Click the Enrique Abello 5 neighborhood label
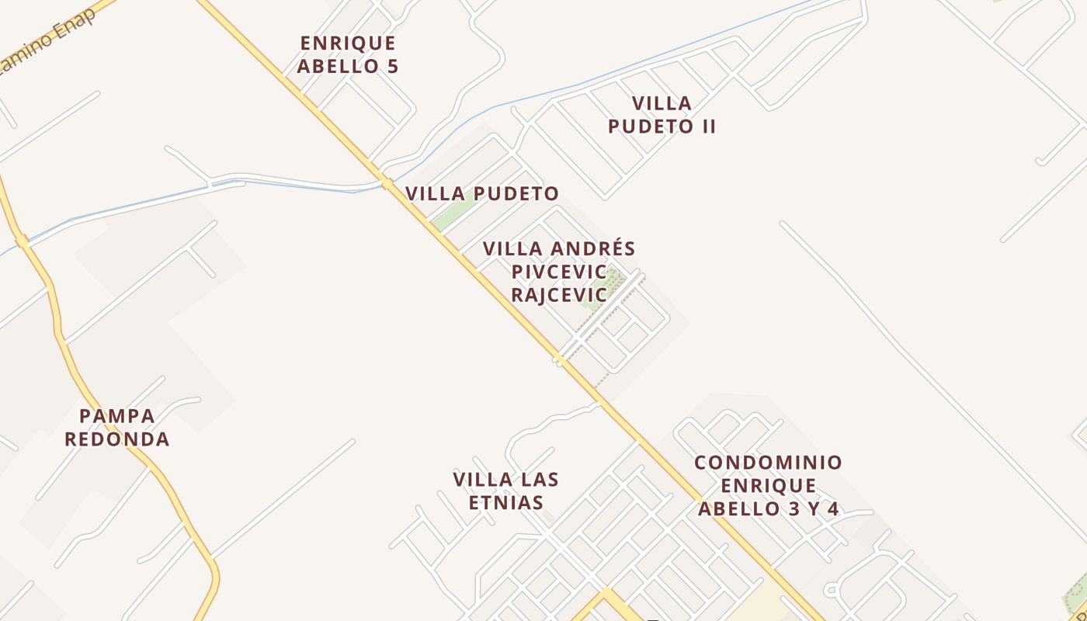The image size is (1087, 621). [x=347, y=54]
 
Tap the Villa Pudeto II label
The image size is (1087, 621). [x=662, y=115]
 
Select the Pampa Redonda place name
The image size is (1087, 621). [x=116, y=428]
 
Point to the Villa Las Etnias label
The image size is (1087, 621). [x=506, y=491]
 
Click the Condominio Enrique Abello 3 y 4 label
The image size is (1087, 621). [x=768, y=486]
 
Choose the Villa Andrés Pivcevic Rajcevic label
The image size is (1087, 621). [x=559, y=272]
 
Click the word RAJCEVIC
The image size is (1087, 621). [x=558, y=295]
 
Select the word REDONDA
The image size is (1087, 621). [x=116, y=439]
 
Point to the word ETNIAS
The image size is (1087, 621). [x=506, y=502]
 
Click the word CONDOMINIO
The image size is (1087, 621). [x=768, y=463]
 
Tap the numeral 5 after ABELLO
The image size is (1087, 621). [x=392, y=66]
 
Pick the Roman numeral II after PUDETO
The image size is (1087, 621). [x=706, y=127]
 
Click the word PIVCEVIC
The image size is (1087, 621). [x=558, y=272]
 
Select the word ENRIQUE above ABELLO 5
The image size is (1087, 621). [x=347, y=43]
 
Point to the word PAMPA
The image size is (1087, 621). [x=116, y=416]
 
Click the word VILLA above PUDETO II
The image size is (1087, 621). [x=662, y=103]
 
